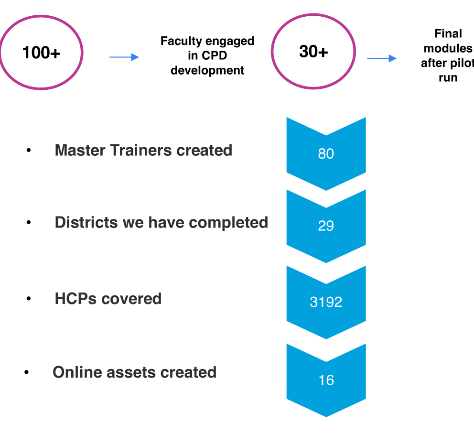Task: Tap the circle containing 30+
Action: coord(313,52)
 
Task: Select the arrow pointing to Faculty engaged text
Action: coord(124,57)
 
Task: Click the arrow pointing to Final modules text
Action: coord(382,58)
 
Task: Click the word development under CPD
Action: coord(207,71)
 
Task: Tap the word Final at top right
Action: coord(448,33)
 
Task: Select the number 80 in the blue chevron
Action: coord(326,154)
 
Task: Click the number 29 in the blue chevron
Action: coord(326,226)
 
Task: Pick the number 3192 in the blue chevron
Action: coord(326,303)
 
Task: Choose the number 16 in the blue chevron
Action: coord(326,380)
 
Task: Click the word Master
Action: coord(81,150)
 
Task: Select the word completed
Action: coord(228,223)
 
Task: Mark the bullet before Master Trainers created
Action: coord(29,151)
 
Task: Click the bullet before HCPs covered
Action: coord(29,299)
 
